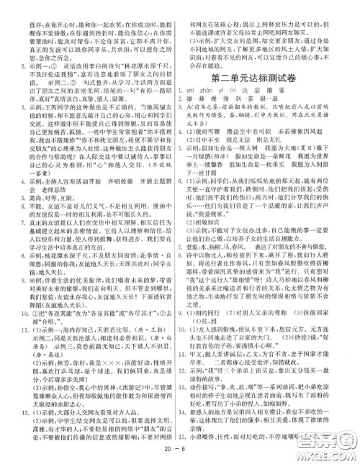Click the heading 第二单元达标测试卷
[x=264, y=76]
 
